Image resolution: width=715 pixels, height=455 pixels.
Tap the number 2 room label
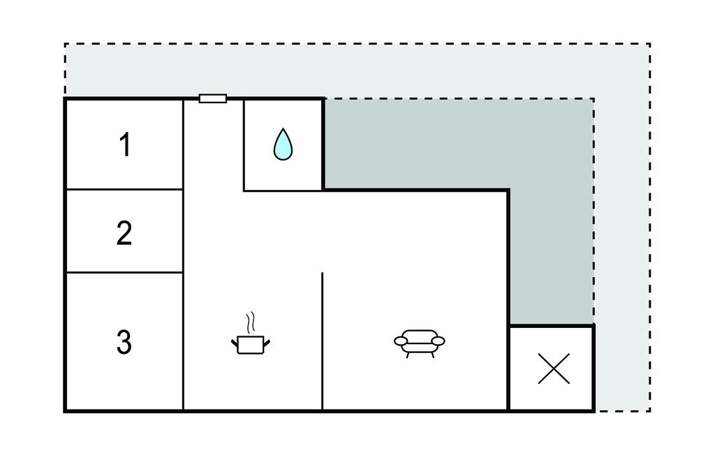coord(124,233)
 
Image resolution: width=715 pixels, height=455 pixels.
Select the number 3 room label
coord(124,342)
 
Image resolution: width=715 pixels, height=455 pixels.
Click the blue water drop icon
coord(283,144)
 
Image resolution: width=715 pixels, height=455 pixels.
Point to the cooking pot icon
coord(251,344)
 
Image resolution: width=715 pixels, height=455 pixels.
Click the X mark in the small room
coord(554,368)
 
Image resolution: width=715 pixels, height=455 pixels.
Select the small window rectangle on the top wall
coord(212,98)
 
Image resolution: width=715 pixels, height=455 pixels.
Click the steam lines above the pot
coord(250,322)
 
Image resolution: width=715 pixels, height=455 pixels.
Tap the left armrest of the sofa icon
coord(401,341)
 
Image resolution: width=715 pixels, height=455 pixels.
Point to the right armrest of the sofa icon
coord(438,341)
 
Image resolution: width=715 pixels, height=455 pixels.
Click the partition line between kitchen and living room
coord(323,341)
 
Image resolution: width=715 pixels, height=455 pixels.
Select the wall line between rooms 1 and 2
coord(124,189)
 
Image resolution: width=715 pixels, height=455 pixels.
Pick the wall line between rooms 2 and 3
coord(124,273)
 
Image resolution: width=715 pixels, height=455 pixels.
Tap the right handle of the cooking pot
coord(267,342)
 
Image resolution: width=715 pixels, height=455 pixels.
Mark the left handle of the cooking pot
coord(235,342)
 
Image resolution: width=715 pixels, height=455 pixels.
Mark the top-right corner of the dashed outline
coord(650,44)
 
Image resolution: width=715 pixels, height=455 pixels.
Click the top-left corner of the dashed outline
coord(65,44)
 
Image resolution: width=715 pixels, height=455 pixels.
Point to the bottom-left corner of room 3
coord(66,411)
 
